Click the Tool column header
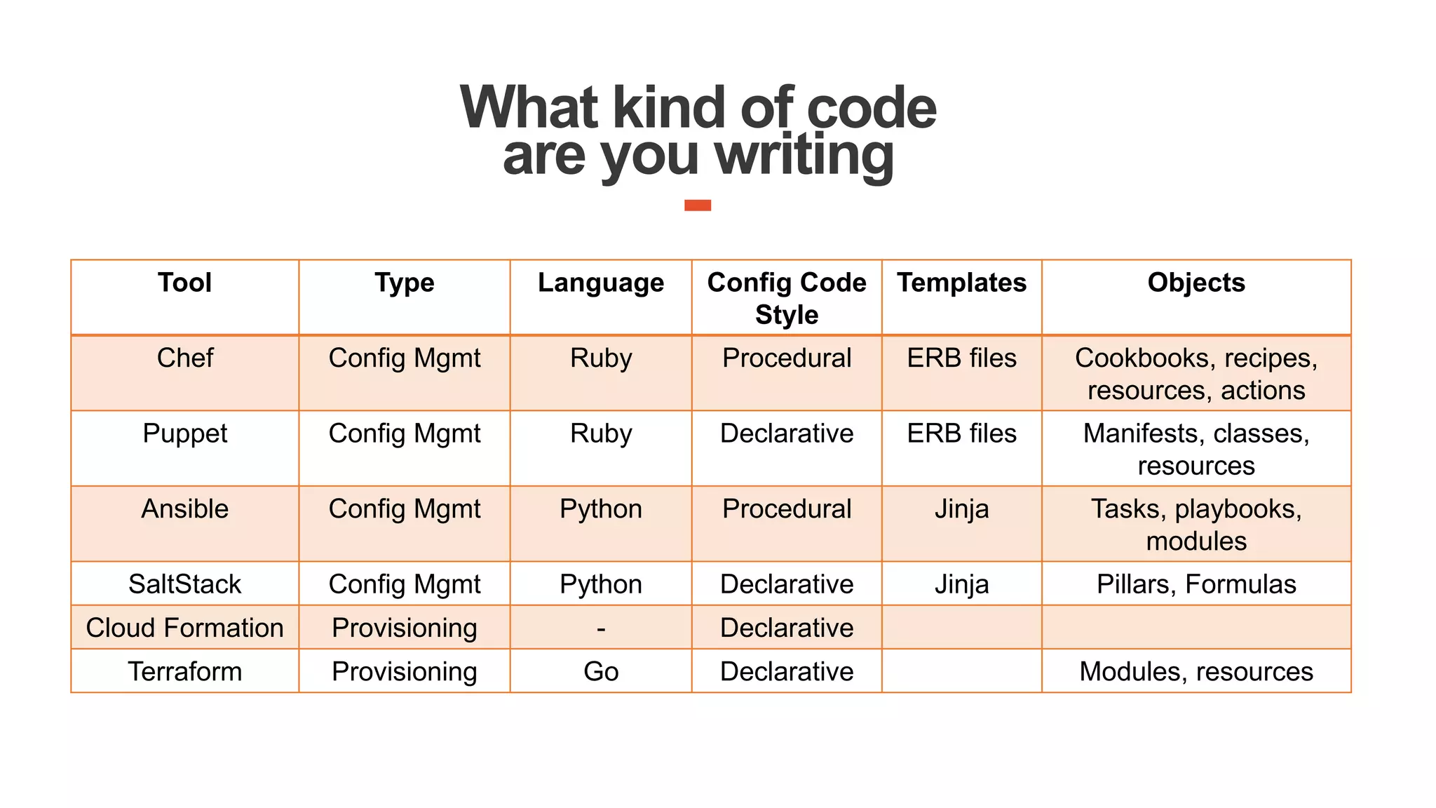coord(184,283)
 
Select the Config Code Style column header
coord(786,298)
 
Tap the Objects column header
coord(1195,283)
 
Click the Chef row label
coord(184,358)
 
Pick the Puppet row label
coord(184,433)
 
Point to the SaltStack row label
coord(184,584)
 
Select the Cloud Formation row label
coord(184,628)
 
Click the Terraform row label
coord(184,671)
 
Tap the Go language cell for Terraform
coord(600,671)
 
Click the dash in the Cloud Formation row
coord(600,628)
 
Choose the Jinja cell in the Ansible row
coord(961,509)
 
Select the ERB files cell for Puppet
coord(961,433)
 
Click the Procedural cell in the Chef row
coord(786,358)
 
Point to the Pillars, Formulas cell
coord(1195,584)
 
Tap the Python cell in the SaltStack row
coord(600,584)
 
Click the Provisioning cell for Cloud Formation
coord(404,628)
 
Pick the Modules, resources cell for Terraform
coord(1195,671)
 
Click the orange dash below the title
coord(698,205)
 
